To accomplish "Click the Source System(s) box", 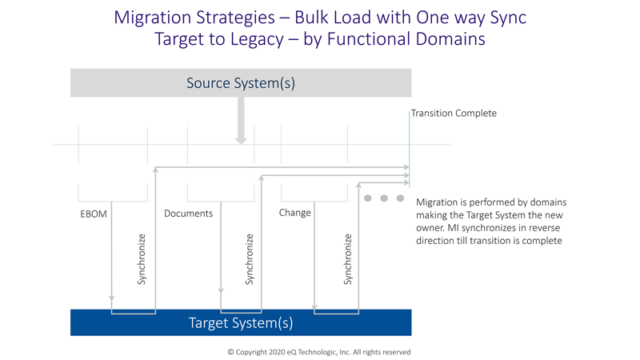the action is pyautogui.click(x=241, y=83).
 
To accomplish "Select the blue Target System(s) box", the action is pyautogui.click(x=241, y=322).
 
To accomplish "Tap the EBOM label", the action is pyautogui.click(x=94, y=214).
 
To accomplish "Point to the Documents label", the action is pyautogui.click(x=188, y=214).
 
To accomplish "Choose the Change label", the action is pyautogui.click(x=294, y=213).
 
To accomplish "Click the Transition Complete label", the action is pyautogui.click(x=454, y=113).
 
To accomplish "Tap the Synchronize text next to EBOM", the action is pyautogui.click(x=142, y=259).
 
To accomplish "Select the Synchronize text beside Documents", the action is pyautogui.click(x=249, y=259).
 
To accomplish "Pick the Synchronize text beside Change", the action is pyautogui.click(x=347, y=259).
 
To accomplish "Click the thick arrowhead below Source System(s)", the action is pyautogui.click(x=241, y=141).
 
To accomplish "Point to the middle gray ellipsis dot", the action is pyautogui.click(x=384, y=198).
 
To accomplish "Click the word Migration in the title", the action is pyautogui.click(x=154, y=18).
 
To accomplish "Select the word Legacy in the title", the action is pyautogui.click(x=257, y=39).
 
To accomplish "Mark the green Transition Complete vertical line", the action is pyautogui.click(x=409, y=149).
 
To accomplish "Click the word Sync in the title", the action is pyautogui.click(x=508, y=18).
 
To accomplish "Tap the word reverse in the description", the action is pyautogui.click(x=545, y=228).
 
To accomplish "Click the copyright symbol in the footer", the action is pyautogui.click(x=230, y=352).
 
